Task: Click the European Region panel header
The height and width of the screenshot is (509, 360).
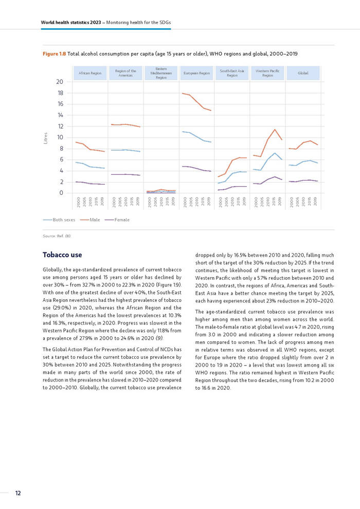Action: [x=196, y=74]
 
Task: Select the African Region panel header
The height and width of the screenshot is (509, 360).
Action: [x=90, y=74]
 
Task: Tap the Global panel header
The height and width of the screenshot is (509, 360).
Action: [x=303, y=74]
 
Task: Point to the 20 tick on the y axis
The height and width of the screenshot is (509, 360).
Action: [x=60, y=82]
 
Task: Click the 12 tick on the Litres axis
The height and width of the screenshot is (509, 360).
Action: [x=60, y=126]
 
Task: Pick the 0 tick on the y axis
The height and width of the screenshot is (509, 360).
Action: [x=61, y=193]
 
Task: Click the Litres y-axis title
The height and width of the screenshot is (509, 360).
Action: [x=46, y=138]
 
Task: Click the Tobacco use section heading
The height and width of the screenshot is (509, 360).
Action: [x=62, y=255]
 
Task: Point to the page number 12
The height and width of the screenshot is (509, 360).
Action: [x=18, y=493]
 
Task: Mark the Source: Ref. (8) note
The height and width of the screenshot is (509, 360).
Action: [x=57, y=236]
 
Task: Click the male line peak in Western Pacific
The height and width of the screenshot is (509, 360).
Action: [x=275, y=130]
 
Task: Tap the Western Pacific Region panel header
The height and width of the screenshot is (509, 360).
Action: [x=267, y=74]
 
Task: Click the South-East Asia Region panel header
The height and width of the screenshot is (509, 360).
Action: [x=232, y=74]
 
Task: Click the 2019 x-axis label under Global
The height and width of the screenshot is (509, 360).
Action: [x=315, y=201]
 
